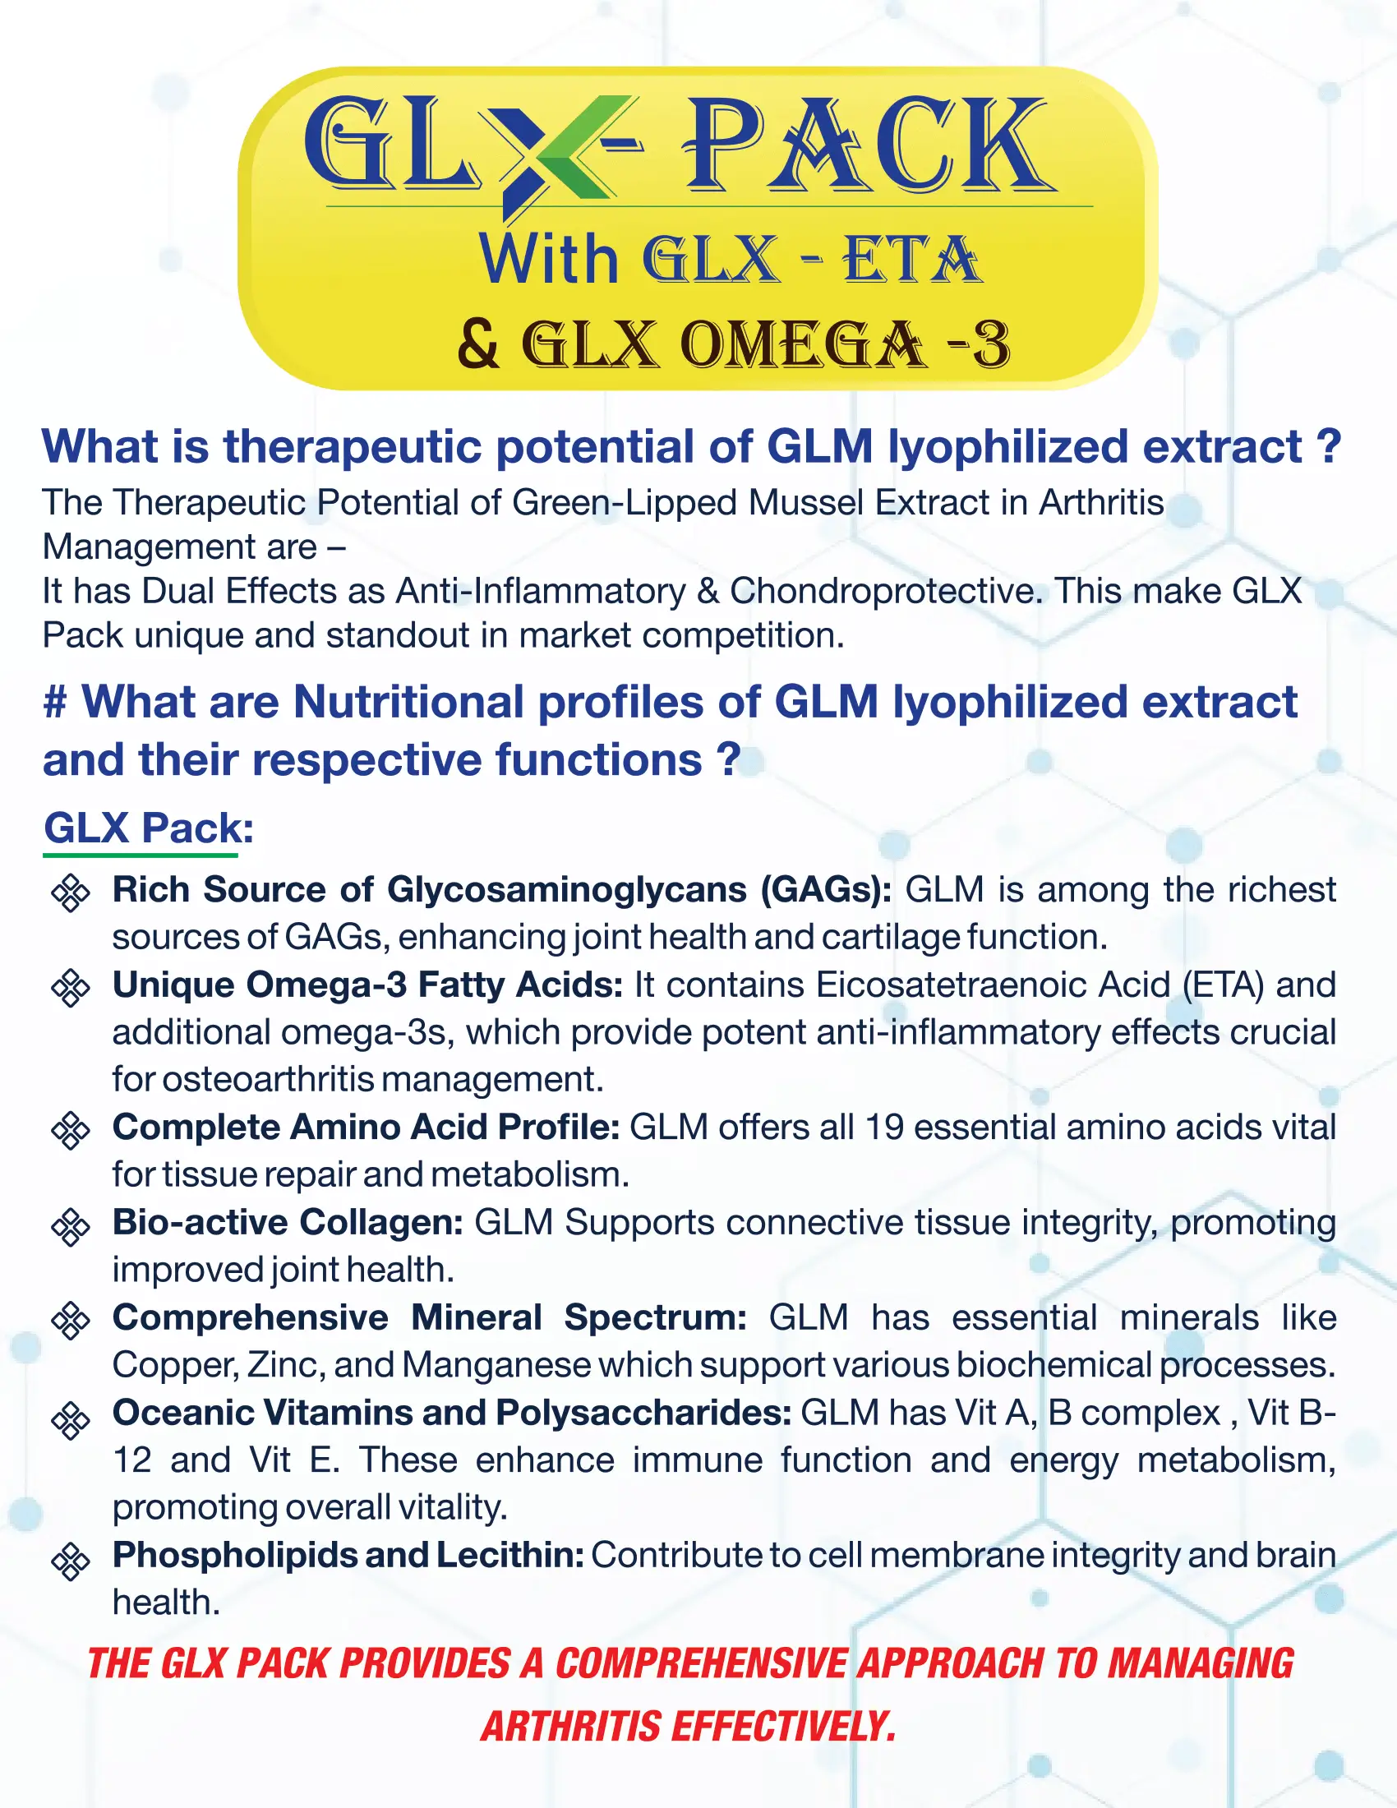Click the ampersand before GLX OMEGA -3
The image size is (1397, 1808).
479,344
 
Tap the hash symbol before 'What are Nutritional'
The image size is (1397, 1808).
55,702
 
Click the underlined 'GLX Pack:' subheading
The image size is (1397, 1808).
149,827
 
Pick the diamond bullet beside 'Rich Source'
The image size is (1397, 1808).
71,892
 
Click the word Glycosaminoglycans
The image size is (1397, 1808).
567,890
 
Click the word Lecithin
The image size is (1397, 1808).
510,1555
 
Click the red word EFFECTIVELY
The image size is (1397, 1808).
783,1726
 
